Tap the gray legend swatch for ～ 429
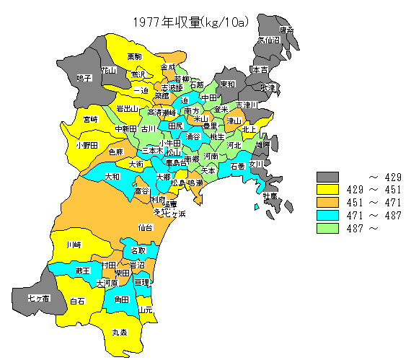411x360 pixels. pos(328,177)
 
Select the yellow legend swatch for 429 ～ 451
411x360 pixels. pos(328,190)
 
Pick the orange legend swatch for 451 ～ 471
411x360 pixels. pos(328,203)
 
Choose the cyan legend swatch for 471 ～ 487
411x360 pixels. pos(328,216)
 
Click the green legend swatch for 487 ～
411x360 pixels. pos(328,229)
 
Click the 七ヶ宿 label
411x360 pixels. pos(38,297)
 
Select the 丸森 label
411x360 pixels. pos(119,333)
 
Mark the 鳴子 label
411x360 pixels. pos(84,78)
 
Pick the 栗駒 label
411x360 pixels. pos(134,56)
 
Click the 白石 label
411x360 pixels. pos(78,301)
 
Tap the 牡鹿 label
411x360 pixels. pos(270,196)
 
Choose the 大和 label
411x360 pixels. pos(112,176)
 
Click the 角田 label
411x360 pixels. pos(121,299)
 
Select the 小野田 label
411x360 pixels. pos(86,145)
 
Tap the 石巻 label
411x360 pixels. pos(237,167)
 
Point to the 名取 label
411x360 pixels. pos(138,250)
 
